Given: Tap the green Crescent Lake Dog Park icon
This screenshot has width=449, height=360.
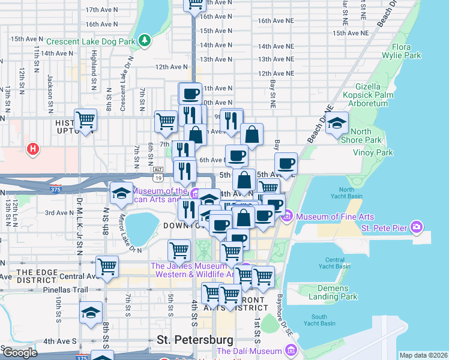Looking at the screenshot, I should pos(144,41).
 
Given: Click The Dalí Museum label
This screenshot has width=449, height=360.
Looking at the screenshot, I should pos(249,351).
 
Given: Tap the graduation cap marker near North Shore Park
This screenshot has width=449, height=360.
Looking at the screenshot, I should pos(337,124).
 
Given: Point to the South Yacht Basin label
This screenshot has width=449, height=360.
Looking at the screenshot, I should pos(319,320).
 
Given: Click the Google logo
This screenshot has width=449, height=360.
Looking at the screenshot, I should pos(19,352).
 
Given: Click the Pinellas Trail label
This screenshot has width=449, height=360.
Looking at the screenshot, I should pos(35,289).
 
